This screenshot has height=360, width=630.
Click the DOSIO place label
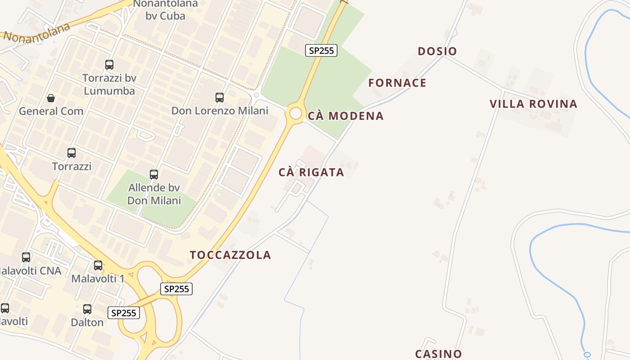click(x=437, y=51)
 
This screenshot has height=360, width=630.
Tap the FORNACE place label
click(x=397, y=83)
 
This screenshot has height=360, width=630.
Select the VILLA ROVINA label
click(x=533, y=104)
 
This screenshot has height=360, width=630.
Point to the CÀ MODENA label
click(x=346, y=116)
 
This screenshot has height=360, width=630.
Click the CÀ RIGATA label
click(x=311, y=172)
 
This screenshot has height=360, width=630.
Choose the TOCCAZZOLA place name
click(x=230, y=255)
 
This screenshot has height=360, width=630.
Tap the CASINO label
click(x=438, y=354)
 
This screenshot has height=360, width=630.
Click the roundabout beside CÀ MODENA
click(x=296, y=113)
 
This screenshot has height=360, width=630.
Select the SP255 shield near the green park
click(x=321, y=50)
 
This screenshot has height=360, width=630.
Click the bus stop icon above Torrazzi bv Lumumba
click(x=109, y=65)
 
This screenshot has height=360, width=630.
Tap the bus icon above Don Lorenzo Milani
click(x=220, y=97)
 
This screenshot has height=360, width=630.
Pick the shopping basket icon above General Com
click(x=51, y=98)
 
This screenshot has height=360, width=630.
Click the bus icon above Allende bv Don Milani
click(x=154, y=174)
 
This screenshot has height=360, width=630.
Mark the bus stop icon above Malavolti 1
click(x=98, y=265)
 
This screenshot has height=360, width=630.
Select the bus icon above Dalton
click(x=87, y=309)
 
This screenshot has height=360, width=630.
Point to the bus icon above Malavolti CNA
click(x=26, y=257)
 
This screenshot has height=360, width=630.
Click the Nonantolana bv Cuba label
click(x=165, y=10)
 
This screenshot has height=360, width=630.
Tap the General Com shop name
click(x=51, y=111)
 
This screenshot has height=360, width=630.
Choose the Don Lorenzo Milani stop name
click(x=220, y=111)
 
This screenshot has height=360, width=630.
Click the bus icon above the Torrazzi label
click(x=72, y=153)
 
